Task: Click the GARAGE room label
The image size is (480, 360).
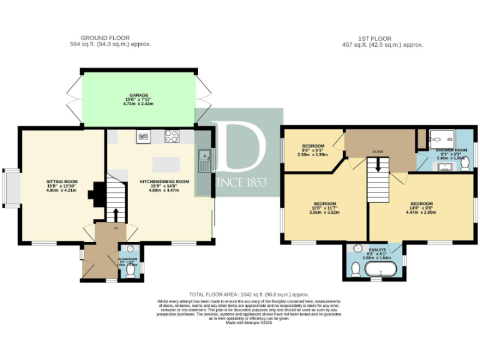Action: point(139,96)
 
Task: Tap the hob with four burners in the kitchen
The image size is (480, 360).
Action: point(171,136)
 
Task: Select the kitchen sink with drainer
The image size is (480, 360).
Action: point(204,160)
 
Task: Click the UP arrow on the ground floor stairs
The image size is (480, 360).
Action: point(115,214)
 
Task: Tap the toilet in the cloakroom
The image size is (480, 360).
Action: point(131,272)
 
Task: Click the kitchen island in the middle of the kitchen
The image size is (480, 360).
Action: point(166,164)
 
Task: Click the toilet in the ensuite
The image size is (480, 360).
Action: point(354,269)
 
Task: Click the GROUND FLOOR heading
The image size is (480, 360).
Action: point(111,39)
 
